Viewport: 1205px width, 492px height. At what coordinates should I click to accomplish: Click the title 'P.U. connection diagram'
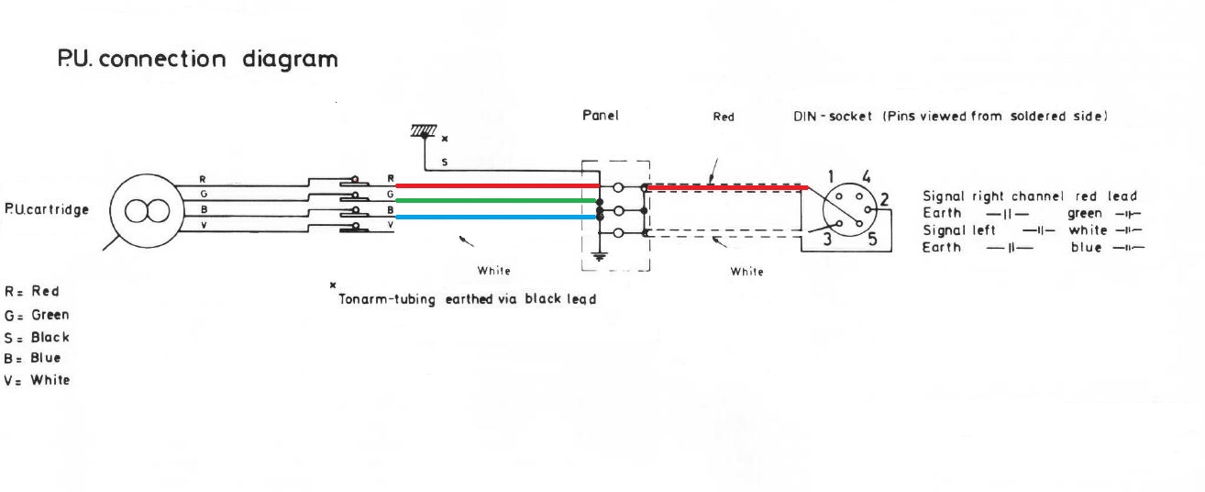pyautogui.click(x=197, y=59)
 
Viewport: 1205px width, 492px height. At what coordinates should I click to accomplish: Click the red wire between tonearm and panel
pyautogui.click(x=498, y=185)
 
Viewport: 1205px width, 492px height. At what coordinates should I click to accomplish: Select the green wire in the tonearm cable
pyautogui.click(x=496, y=201)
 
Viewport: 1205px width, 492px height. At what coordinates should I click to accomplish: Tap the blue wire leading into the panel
pyautogui.click(x=496, y=217)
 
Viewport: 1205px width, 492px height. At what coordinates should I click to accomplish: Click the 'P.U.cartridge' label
pyautogui.click(x=47, y=209)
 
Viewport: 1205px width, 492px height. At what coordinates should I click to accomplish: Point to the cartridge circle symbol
pyautogui.click(x=147, y=211)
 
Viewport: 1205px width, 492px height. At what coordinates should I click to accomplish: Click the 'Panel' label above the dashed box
pyautogui.click(x=601, y=115)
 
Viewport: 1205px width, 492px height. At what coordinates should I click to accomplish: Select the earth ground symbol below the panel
pyautogui.click(x=599, y=256)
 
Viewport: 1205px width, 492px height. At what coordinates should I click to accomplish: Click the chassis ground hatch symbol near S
pyautogui.click(x=424, y=130)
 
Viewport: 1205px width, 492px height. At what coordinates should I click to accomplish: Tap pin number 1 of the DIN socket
pyautogui.click(x=831, y=176)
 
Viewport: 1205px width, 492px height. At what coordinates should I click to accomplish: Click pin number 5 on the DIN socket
pyautogui.click(x=872, y=239)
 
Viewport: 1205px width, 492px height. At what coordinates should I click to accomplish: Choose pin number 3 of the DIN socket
pyautogui.click(x=827, y=239)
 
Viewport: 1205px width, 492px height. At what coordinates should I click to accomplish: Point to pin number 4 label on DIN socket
pyautogui.click(x=866, y=176)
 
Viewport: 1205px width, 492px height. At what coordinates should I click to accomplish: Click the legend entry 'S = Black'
pyautogui.click(x=37, y=338)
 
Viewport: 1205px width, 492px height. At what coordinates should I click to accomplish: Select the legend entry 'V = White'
pyautogui.click(x=37, y=380)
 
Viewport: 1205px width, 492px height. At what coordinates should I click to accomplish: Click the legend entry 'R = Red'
pyautogui.click(x=32, y=291)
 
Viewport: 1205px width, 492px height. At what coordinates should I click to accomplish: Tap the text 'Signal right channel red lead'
pyautogui.click(x=1030, y=196)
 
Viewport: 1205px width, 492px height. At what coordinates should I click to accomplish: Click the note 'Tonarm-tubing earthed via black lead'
pyautogui.click(x=467, y=299)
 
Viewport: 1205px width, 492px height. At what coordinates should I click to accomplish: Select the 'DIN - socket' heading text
pyautogui.click(x=832, y=117)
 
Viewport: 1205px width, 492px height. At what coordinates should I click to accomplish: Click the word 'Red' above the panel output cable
pyautogui.click(x=724, y=117)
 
